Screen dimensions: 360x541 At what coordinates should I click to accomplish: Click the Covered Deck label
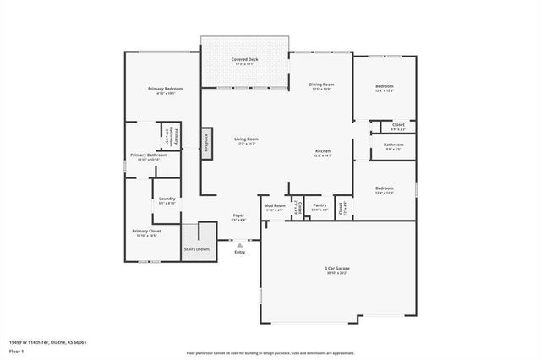tap(244, 60)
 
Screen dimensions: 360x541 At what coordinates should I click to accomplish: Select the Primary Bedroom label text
tap(165, 89)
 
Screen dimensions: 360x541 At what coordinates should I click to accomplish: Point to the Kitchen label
tap(322, 151)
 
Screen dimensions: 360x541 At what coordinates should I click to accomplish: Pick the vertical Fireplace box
tap(205, 141)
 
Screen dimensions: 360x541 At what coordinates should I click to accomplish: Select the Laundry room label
tap(167, 199)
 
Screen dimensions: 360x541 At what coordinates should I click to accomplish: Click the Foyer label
tap(239, 215)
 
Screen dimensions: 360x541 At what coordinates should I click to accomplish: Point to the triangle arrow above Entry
tap(239, 244)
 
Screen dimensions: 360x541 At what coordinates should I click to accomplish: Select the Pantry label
tap(320, 205)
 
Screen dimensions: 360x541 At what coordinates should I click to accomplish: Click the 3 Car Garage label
tap(336, 270)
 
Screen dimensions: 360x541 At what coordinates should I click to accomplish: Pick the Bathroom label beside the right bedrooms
tap(393, 145)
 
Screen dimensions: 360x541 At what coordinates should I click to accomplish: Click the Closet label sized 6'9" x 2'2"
tap(398, 125)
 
